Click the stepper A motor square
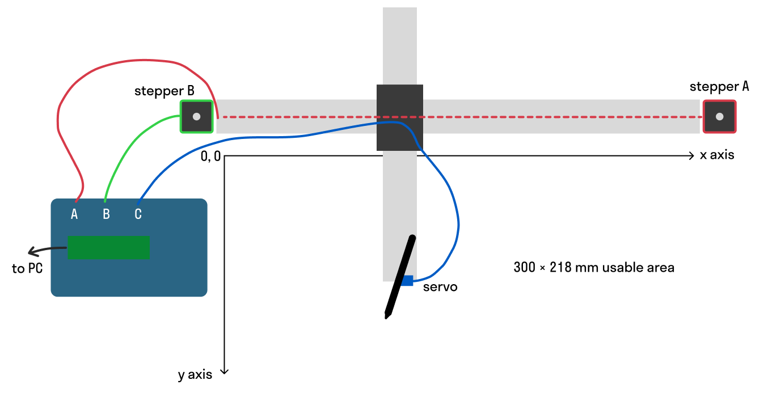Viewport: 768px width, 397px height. tap(719, 117)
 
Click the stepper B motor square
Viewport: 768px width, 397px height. tap(196, 117)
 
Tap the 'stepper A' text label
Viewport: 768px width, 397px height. tap(719, 87)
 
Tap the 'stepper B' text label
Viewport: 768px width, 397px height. tap(164, 91)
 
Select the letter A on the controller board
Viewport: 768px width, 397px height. tap(74, 214)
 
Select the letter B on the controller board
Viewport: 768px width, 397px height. tap(106, 214)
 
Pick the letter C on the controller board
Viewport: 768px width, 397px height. tap(138, 214)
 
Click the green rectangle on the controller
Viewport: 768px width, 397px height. tap(108, 247)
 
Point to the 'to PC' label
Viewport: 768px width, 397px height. tap(27, 268)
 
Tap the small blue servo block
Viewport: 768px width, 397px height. tap(407, 280)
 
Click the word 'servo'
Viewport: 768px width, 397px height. tap(440, 287)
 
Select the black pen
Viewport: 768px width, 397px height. tap(400, 276)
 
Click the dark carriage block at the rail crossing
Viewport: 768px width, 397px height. tap(400, 117)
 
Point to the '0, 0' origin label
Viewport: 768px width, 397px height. tap(210, 157)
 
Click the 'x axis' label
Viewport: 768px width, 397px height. tap(717, 155)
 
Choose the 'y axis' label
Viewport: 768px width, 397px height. tap(195, 374)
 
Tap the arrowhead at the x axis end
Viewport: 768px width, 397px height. tap(691, 155)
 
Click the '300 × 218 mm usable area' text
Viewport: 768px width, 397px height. tap(594, 267)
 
